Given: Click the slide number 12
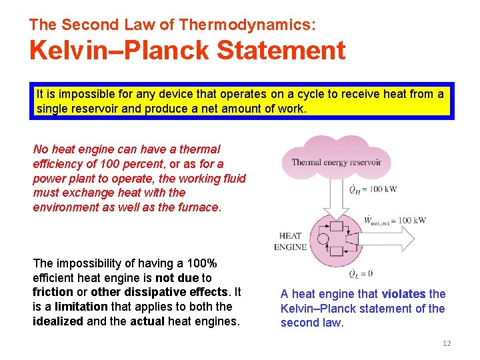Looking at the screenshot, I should click(447, 343).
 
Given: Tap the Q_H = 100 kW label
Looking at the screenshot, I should click(373, 189).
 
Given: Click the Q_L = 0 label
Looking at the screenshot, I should click(361, 273).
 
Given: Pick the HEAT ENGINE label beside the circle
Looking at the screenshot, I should click(290, 241).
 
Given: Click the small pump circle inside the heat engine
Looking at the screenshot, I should click(323, 239).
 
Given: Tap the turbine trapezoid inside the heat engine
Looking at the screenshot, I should click(352, 239).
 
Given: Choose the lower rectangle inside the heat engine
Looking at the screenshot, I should click(337, 251).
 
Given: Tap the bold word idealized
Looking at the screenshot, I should click(59, 321).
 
